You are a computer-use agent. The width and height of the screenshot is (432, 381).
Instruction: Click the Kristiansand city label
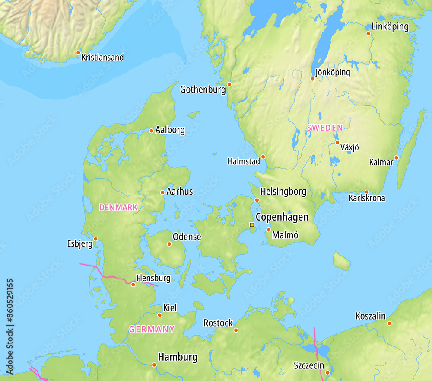pyautogui.click(x=102, y=57)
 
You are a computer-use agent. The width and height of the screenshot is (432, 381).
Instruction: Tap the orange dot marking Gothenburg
pyautogui.click(x=229, y=84)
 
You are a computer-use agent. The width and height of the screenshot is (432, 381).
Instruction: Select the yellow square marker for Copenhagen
pyautogui.click(x=252, y=225)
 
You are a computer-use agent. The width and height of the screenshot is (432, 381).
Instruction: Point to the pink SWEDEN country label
pyautogui.click(x=324, y=128)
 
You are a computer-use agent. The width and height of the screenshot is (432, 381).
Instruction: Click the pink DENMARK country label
pyautogui.click(x=118, y=208)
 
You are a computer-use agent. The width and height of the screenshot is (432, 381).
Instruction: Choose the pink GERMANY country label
pyautogui.click(x=152, y=329)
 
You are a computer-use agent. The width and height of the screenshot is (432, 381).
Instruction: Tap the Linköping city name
pyautogui.click(x=390, y=26)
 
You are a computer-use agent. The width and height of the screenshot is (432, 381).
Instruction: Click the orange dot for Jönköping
pyautogui.click(x=313, y=79)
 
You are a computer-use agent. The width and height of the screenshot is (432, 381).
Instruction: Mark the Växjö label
pyautogui.click(x=349, y=147)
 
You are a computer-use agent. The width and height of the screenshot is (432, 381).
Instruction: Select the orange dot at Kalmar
pyautogui.click(x=396, y=157)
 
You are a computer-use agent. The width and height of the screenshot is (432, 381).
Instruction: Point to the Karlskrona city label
pyautogui.click(x=367, y=198)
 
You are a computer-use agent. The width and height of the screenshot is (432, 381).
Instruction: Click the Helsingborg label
pyautogui.click(x=283, y=191)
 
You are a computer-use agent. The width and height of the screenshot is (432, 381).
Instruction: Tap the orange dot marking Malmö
pyautogui.click(x=268, y=230)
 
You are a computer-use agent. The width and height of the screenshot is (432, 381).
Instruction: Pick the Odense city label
pyautogui.click(x=187, y=237)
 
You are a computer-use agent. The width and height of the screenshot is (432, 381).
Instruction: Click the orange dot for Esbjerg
pyautogui.click(x=95, y=239)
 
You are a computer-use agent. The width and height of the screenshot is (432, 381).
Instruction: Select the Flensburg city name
pyautogui.click(x=153, y=278)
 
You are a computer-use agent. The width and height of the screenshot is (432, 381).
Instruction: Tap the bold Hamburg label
pyautogui.click(x=178, y=357)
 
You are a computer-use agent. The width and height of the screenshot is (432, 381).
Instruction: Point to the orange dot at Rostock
pyautogui.click(x=236, y=330)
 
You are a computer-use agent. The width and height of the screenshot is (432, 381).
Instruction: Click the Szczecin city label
pyautogui.click(x=309, y=365)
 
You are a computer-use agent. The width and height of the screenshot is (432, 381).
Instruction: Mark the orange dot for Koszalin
pyautogui.click(x=389, y=323)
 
